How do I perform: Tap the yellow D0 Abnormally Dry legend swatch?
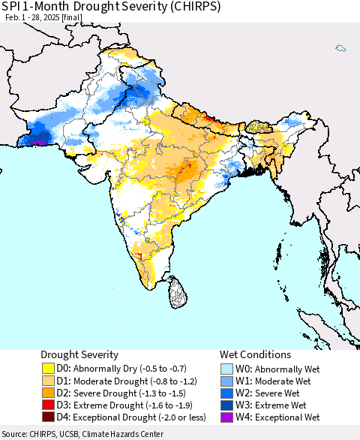[x=49, y=369]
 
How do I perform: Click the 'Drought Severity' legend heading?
[x=79, y=354]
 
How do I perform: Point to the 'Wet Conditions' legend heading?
[x=255, y=354]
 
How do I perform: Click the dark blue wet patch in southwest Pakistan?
[x=37, y=137]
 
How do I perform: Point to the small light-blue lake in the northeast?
[x=340, y=49]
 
